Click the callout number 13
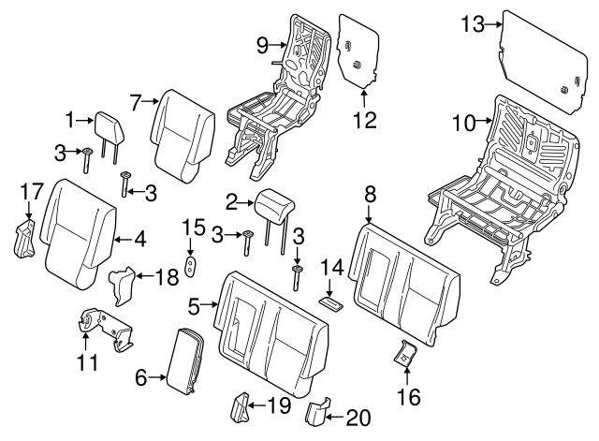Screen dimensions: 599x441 point(473,24)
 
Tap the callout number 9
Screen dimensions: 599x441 point(262,46)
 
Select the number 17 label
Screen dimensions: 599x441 point(32,191)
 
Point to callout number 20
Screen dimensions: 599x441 point(358,418)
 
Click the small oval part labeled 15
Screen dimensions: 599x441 point(190,266)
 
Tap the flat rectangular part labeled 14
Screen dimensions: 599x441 point(330,301)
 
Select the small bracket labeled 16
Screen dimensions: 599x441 point(405,352)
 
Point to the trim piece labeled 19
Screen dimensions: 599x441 point(240,407)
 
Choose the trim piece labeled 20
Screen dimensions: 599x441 point(316,412)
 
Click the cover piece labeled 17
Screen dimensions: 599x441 point(23,239)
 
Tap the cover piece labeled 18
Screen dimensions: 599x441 point(122,286)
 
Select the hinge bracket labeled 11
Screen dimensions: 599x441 point(105,328)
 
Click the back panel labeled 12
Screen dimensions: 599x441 point(358,51)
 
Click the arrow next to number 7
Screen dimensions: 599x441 point(151,101)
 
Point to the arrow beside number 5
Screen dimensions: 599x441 point(210,304)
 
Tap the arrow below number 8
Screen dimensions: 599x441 point(369,214)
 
